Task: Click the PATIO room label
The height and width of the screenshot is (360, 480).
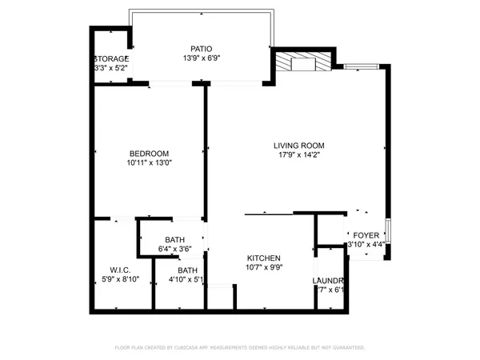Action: tap(200, 48)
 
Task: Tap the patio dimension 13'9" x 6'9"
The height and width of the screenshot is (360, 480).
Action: tap(200, 58)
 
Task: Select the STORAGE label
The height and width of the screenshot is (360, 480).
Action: tap(111, 59)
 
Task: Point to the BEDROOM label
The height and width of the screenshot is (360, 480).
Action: tap(150, 154)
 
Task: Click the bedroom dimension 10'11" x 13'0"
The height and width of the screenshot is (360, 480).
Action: tap(150, 163)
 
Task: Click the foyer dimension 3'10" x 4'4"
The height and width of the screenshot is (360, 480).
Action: tap(365, 244)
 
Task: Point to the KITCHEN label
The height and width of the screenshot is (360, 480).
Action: tap(263, 258)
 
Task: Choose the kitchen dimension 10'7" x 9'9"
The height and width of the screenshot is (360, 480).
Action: tap(263, 267)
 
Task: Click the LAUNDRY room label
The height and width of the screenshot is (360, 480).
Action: tap(328, 281)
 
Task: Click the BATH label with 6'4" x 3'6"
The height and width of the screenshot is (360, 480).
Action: tap(175, 240)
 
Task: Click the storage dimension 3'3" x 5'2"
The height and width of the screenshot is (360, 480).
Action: tap(111, 69)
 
